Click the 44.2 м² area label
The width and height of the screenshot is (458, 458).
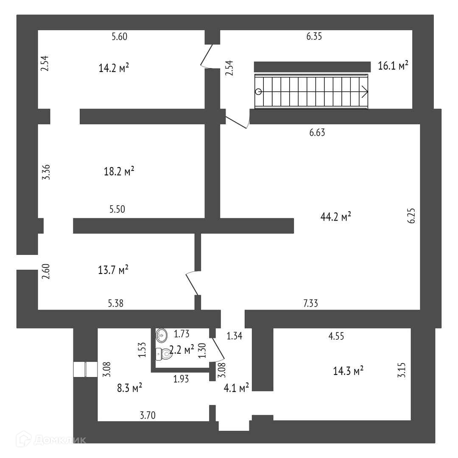(x=336, y=217)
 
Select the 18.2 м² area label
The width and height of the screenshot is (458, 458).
(x=119, y=172)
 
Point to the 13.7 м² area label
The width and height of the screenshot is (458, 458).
(x=113, y=270)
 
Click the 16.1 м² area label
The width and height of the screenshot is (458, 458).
(x=393, y=66)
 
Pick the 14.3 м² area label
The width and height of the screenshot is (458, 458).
(x=348, y=371)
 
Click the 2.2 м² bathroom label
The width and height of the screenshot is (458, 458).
(x=182, y=349)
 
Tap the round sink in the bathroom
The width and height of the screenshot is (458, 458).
(x=162, y=335)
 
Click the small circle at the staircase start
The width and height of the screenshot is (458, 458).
(x=258, y=91)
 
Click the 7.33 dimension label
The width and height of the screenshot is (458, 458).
(x=311, y=303)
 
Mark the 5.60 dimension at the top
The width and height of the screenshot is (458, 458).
(x=120, y=37)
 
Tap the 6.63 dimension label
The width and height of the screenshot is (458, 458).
(x=317, y=133)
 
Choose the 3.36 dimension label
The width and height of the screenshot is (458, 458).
(x=46, y=172)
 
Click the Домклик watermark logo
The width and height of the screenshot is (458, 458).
(x=51, y=440)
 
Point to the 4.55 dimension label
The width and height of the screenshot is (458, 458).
(x=336, y=336)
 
